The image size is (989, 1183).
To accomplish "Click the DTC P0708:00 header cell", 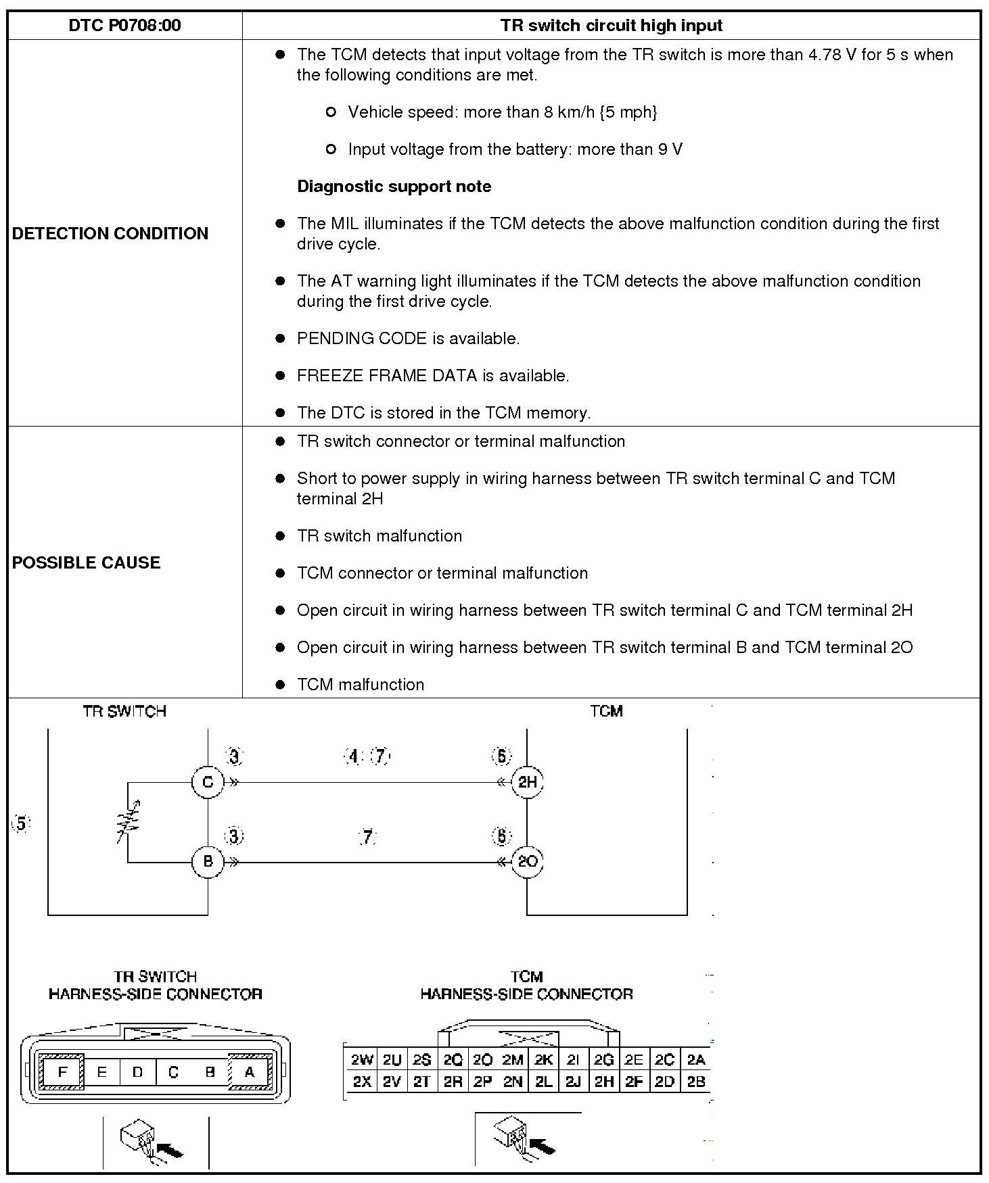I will [x=124, y=26].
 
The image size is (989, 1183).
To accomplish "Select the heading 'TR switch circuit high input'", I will [x=611, y=26].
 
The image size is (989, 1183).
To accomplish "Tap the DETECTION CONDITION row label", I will [x=110, y=233].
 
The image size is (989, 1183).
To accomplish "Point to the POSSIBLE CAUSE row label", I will [x=86, y=562].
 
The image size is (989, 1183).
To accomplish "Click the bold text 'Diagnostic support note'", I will [x=394, y=187].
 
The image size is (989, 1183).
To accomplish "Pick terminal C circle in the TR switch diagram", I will [x=208, y=782].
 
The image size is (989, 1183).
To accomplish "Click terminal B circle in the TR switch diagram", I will [x=208, y=861].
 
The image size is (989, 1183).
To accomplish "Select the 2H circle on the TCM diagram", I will [x=527, y=782].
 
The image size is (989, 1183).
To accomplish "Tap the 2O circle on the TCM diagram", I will [x=527, y=861].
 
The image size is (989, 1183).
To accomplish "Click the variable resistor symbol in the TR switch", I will [x=129, y=822].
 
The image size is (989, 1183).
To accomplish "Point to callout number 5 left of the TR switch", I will [x=22, y=824].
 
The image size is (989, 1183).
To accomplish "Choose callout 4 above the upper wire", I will [x=353, y=756].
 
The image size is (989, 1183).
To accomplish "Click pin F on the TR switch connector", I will [x=63, y=1072].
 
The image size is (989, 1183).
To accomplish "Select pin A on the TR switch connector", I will [x=249, y=1072].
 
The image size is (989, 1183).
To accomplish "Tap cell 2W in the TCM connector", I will [x=362, y=1060].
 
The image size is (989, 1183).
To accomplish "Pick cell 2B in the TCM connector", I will [x=695, y=1082].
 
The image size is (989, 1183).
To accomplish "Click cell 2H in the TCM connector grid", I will [x=603, y=1082].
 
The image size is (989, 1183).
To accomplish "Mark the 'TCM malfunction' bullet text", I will [x=361, y=685].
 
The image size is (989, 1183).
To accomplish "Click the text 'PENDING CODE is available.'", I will [x=408, y=339].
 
